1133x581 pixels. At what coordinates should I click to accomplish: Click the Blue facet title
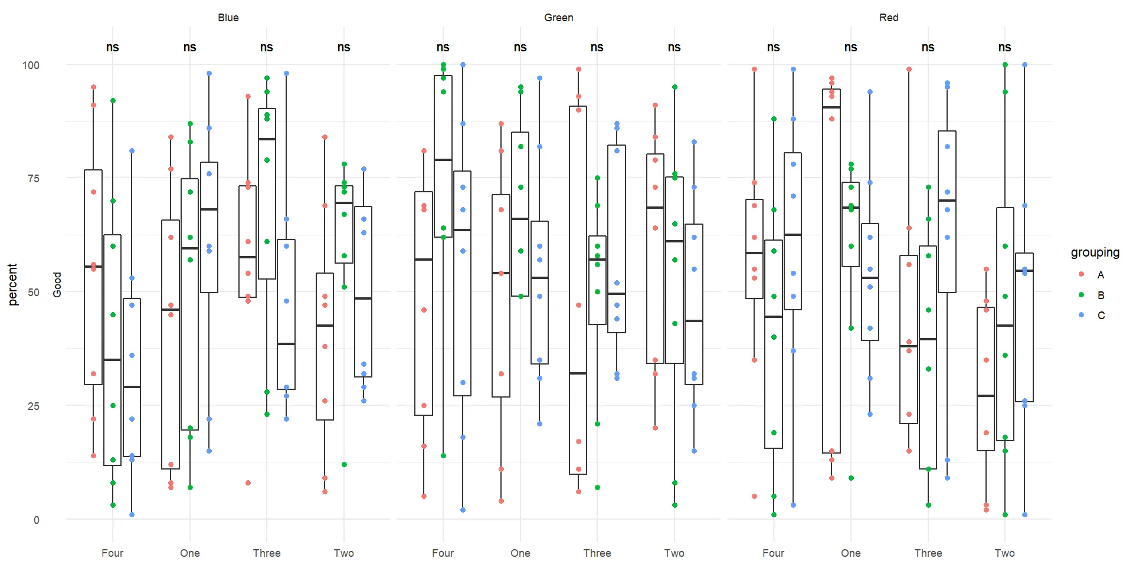tap(228, 18)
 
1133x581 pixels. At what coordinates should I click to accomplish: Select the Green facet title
tap(558, 18)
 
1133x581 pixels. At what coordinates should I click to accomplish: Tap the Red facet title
tap(888, 18)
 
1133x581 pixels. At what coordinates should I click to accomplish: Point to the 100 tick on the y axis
tap(31, 65)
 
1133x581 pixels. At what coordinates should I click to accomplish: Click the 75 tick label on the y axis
tap(34, 179)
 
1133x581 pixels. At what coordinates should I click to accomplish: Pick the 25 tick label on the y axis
tap(34, 406)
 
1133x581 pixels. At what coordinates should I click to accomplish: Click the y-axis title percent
tap(13, 284)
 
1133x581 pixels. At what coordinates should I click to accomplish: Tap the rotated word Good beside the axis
tap(57, 284)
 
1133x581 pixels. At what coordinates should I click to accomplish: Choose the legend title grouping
tap(1095, 252)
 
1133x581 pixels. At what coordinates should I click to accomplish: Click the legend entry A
tap(1100, 275)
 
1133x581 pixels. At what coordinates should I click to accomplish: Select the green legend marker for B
tap(1081, 295)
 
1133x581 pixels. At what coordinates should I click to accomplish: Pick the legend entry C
tap(1101, 316)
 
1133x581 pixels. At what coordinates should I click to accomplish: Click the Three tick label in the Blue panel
tap(267, 553)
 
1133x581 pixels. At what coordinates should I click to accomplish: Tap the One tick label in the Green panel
tap(520, 553)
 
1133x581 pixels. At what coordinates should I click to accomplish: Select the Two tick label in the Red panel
tap(1004, 553)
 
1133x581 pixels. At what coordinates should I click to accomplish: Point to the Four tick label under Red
tap(773, 553)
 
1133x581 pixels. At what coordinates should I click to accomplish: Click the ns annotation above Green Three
tap(597, 47)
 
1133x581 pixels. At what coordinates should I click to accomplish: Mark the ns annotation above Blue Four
tap(112, 47)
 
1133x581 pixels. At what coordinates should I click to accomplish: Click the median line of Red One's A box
tap(831, 107)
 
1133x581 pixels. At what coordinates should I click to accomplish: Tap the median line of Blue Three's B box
tap(267, 139)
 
